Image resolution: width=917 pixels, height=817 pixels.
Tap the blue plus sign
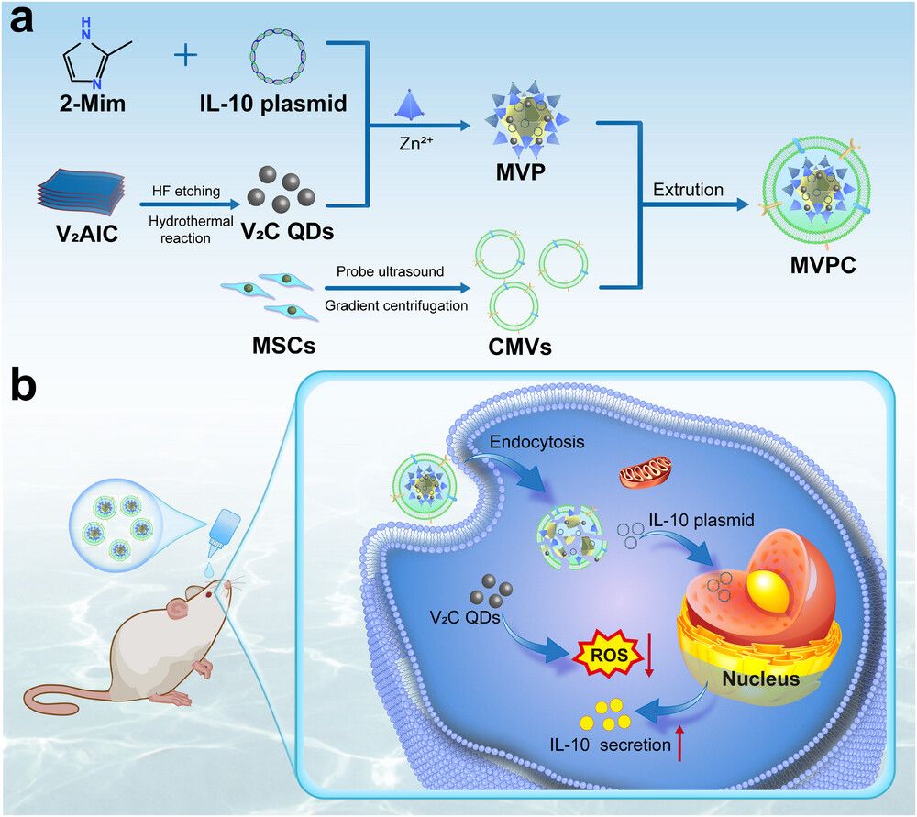(186, 56)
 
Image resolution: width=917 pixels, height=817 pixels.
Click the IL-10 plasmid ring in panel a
(285, 56)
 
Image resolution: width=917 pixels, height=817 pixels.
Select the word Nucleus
(760, 679)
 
